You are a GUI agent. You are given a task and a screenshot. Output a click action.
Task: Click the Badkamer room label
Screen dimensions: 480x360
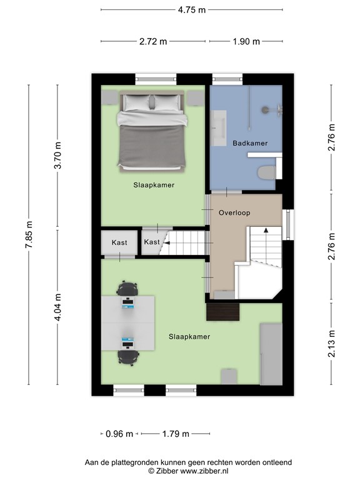250,143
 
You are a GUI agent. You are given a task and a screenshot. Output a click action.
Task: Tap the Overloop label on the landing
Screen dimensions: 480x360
234,212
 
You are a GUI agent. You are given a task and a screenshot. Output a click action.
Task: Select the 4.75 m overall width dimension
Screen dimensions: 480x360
192,10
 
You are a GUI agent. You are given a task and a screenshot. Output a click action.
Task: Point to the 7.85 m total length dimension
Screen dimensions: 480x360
28,235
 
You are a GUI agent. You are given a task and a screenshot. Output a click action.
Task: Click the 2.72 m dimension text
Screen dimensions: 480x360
153,42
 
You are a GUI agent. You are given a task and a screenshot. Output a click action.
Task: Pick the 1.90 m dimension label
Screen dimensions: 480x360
246,42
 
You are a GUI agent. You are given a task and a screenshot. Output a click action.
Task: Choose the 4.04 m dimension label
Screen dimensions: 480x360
57,307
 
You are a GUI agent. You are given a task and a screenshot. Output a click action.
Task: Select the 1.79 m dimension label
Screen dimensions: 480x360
176,433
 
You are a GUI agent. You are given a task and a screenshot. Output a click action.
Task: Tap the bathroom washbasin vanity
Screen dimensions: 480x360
219,128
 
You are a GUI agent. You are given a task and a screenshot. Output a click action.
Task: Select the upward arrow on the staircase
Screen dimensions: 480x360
266,231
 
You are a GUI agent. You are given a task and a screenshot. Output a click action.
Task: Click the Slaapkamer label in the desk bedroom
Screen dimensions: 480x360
189,336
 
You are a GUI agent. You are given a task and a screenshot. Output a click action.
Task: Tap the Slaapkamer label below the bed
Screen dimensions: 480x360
153,186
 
